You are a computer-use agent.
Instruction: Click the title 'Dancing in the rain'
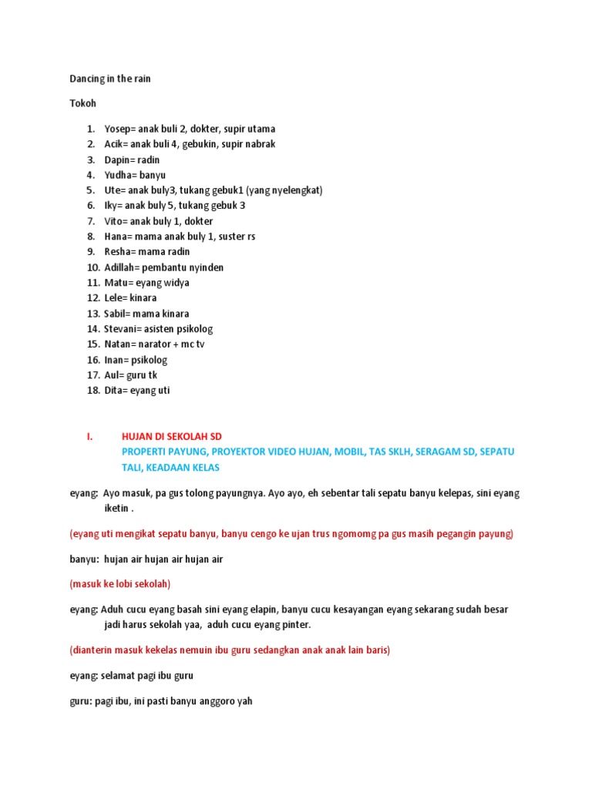pyautogui.click(x=110, y=79)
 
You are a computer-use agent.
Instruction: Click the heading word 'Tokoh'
pyautogui.click(x=82, y=103)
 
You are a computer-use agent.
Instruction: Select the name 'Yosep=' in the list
pyautogui.click(x=120, y=129)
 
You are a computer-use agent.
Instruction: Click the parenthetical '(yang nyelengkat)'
pyautogui.click(x=284, y=190)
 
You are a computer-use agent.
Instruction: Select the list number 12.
pyautogui.click(x=92, y=298)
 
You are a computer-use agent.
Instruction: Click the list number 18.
pyautogui.click(x=92, y=391)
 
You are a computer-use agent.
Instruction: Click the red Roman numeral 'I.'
pyautogui.click(x=89, y=437)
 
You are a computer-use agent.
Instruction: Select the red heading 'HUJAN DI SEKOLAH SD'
pyautogui.click(x=172, y=437)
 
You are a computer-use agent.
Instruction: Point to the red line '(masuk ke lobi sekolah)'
pyautogui.click(x=120, y=583)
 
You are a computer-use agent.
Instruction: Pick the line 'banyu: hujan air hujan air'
pyautogui.click(x=146, y=559)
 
